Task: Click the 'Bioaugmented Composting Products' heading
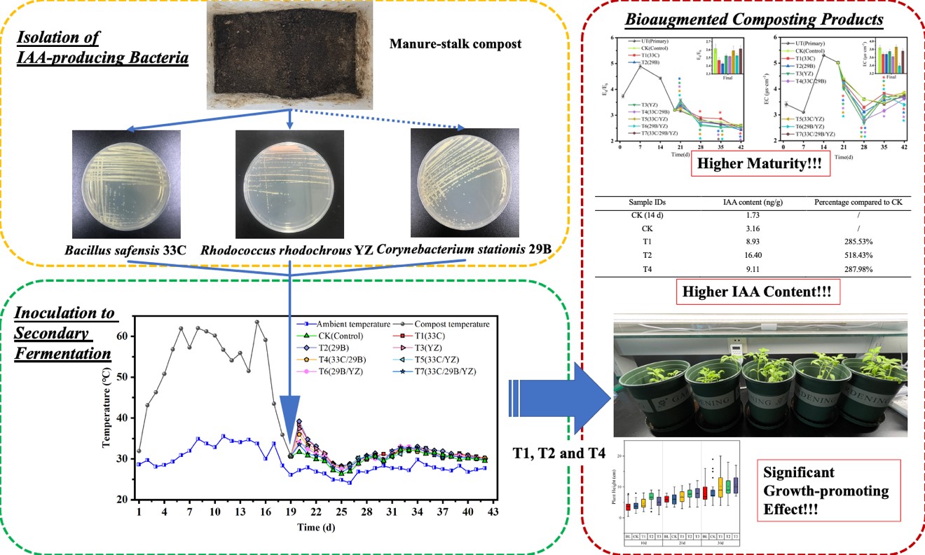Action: (x=744, y=20)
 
